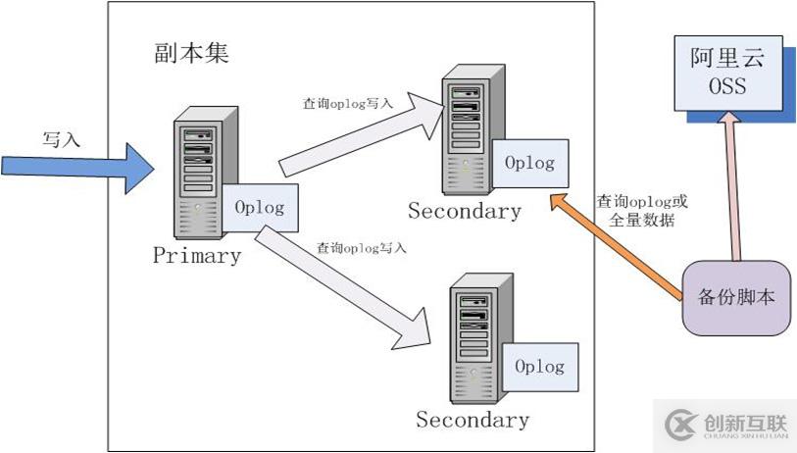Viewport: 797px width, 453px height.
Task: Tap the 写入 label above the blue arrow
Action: click(61, 139)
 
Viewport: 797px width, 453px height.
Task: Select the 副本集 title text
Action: click(191, 53)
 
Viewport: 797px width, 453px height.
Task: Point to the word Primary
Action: click(197, 257)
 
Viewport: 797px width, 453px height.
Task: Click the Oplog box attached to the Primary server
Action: click(260, 208)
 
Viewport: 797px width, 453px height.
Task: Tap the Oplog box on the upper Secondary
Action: click(528, 164)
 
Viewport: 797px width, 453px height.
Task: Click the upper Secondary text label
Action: click(464, 211)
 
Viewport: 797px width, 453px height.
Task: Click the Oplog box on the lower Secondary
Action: click(539, 368)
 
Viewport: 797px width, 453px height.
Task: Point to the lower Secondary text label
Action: click(473, 421)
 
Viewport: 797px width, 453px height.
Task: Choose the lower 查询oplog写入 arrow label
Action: click(360, 249)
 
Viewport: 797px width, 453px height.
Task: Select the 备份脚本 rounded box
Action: click(736, 297)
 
